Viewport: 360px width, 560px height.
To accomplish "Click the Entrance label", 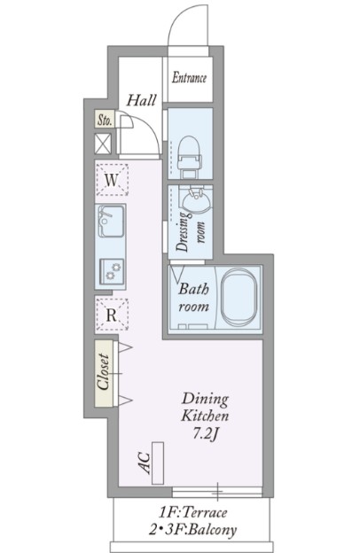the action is coord(189,77).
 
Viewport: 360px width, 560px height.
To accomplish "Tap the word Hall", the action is coord(142,100).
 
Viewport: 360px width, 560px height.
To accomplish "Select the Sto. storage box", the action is coord(105,119).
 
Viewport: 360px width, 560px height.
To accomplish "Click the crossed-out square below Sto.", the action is coord(104,144).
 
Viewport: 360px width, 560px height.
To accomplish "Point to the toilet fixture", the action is coord(189,158).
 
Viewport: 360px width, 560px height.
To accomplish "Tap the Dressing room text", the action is coord(190,232).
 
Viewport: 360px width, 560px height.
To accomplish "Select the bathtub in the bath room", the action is coord(239,298).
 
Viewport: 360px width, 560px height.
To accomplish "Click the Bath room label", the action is coord(193,298).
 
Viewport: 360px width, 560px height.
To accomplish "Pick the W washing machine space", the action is coord(112,180).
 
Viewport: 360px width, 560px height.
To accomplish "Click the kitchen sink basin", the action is coord(111,221).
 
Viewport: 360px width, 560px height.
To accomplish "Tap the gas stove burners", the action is coord(112,271).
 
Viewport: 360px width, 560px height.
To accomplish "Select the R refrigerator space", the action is coord(112,315).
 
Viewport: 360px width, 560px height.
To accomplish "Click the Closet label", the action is coord(104,371).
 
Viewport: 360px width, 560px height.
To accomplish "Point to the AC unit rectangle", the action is coord(158,463).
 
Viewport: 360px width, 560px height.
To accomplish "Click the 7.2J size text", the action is coord(205,434).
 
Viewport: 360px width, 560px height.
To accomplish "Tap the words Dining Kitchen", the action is coord(205,408).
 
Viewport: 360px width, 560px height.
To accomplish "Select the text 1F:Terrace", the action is coord(193,513).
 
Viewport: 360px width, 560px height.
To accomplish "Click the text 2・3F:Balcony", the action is coord(193,530).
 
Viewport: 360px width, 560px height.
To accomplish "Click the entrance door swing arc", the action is coord(179,15).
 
